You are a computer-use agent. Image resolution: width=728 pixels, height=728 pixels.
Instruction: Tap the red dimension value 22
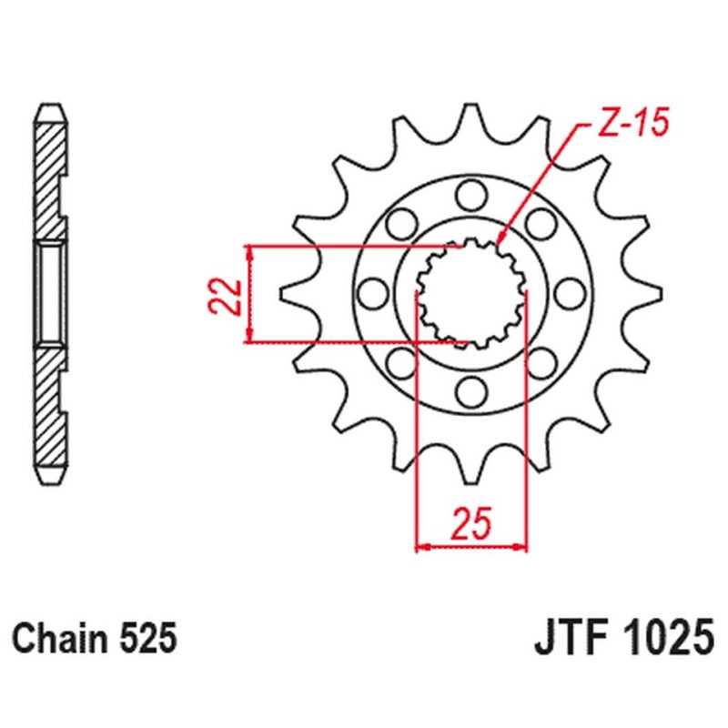pos(225,298)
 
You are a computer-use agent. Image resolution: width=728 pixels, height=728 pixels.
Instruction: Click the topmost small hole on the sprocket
pos(471,196)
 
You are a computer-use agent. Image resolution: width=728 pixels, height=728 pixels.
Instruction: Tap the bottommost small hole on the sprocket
pos(471,391)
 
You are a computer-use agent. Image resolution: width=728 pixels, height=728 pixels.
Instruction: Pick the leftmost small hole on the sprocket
pos(374,293)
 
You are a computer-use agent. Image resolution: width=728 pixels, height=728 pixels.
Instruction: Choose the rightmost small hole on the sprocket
pos(570,293)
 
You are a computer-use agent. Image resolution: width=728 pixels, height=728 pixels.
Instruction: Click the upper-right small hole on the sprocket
pos(541,224)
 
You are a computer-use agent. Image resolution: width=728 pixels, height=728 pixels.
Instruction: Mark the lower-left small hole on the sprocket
pos(402,362)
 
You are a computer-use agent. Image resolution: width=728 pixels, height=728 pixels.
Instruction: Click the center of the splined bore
pos(471,293)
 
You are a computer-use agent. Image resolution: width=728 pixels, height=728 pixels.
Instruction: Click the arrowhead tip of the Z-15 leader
pos(497,244)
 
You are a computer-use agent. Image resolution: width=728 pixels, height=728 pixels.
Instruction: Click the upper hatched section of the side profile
pos(50,182)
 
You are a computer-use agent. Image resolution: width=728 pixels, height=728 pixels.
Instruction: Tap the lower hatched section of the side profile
pos(50,405)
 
